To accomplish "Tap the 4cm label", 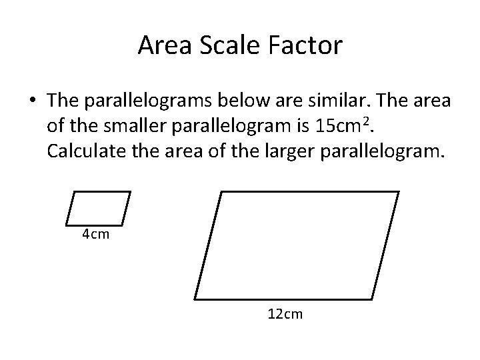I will [x=95, y=235].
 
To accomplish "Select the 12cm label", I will [x=284, y=313].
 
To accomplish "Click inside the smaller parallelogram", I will [x=99, y=208].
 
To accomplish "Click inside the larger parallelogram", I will [x=297, y=244].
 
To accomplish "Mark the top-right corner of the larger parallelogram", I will [x=399, y=192].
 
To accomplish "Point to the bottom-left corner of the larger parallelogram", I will [x=195, y=297].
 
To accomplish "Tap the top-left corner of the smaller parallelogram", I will [x=74, y=192].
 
